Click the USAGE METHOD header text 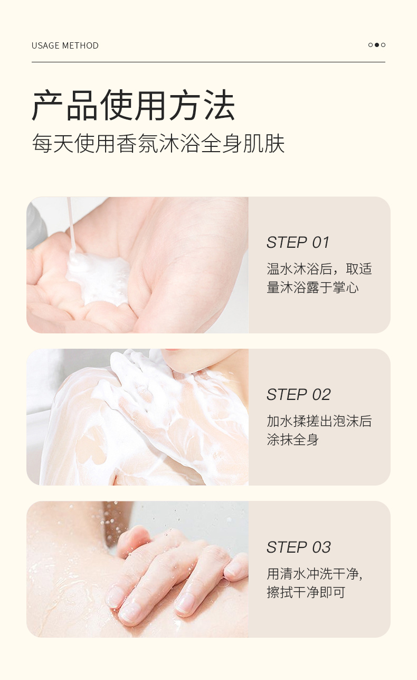(65, 45)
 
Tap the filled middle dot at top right (377, 45)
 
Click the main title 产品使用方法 (133, 106)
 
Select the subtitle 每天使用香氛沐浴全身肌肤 (158, 144)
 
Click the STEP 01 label (298, 243)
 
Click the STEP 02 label (298, 395)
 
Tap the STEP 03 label (298, 547)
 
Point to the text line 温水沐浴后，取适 (319, 269)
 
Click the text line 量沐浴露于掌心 (312, 288)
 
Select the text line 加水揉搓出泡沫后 (319, 421)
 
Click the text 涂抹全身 (293, 440)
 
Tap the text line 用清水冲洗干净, (315, 574)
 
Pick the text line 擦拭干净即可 (306, 592)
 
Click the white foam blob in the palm (100, 277)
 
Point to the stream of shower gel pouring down (70, 222)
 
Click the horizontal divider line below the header (208, 62)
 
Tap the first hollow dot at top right (371, 45)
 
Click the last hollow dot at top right (383, 45)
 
